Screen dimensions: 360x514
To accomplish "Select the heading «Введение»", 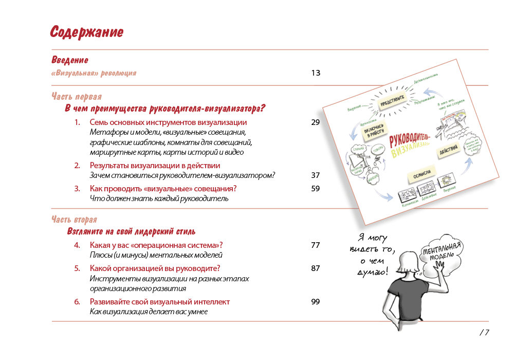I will [70, 60].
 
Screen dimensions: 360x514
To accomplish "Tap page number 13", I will [316, 73].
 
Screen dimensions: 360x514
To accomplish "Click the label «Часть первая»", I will [77, 96].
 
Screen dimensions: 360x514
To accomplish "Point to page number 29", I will [316, 122].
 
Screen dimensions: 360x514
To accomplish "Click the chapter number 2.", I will [77, 166].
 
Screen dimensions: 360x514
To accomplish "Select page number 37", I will [316, 175].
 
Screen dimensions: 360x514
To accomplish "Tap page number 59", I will [316, 189].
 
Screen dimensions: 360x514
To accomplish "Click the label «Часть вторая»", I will [74, 220].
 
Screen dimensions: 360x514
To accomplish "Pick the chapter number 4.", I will [77, 245].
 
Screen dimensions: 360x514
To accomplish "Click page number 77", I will [316, 245].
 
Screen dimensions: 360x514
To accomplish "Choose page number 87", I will [316, 268].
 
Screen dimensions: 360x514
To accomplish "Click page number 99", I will [316, 302].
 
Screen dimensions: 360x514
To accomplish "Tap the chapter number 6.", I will [77, 302].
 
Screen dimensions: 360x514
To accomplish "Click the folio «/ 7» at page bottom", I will [484, 332].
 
